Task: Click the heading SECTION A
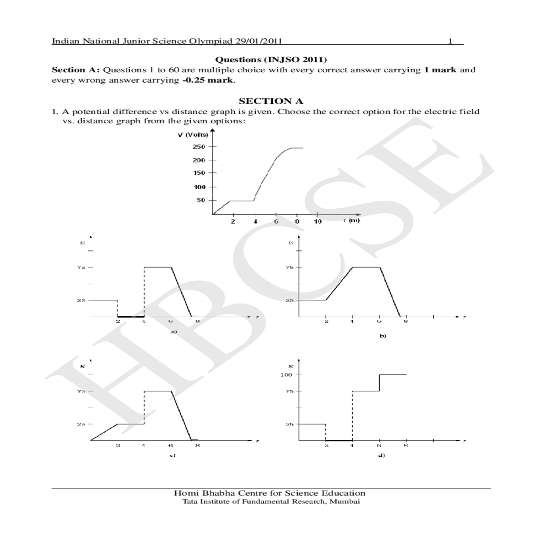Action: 271,101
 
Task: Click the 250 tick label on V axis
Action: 199,147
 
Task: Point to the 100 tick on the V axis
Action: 199,187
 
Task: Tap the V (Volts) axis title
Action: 193,135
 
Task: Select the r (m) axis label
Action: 351,220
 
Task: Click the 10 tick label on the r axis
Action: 318,222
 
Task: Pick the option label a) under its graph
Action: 173,332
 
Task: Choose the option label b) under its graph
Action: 383,336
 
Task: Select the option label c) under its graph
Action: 172,455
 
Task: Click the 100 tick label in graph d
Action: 286,374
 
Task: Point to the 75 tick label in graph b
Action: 290,267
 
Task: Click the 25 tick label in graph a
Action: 80,300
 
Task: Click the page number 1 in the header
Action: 450,41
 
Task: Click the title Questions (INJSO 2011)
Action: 271,60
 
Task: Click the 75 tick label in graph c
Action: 80,391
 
